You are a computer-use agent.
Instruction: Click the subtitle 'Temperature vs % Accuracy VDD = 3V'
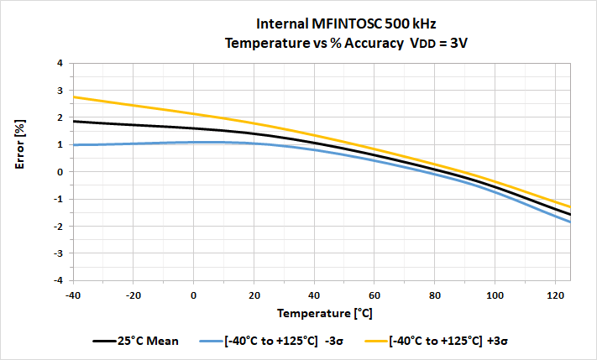(346, 43)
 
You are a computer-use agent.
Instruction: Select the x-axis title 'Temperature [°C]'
(322, 312)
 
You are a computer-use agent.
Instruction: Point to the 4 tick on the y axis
(59, 63)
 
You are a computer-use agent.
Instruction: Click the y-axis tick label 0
(59, 172)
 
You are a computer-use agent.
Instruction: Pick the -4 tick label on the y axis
(57, 280)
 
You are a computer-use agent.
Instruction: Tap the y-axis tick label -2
(57, 227)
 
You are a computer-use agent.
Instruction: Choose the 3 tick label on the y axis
(59, 91)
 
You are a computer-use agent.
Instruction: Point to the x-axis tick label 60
(375, 295)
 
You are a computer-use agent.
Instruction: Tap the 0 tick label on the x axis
(194, 295)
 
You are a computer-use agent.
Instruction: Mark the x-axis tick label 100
(495, 295)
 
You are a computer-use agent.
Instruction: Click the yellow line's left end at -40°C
(74, 97)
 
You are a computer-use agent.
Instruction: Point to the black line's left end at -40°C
(74, 121)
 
